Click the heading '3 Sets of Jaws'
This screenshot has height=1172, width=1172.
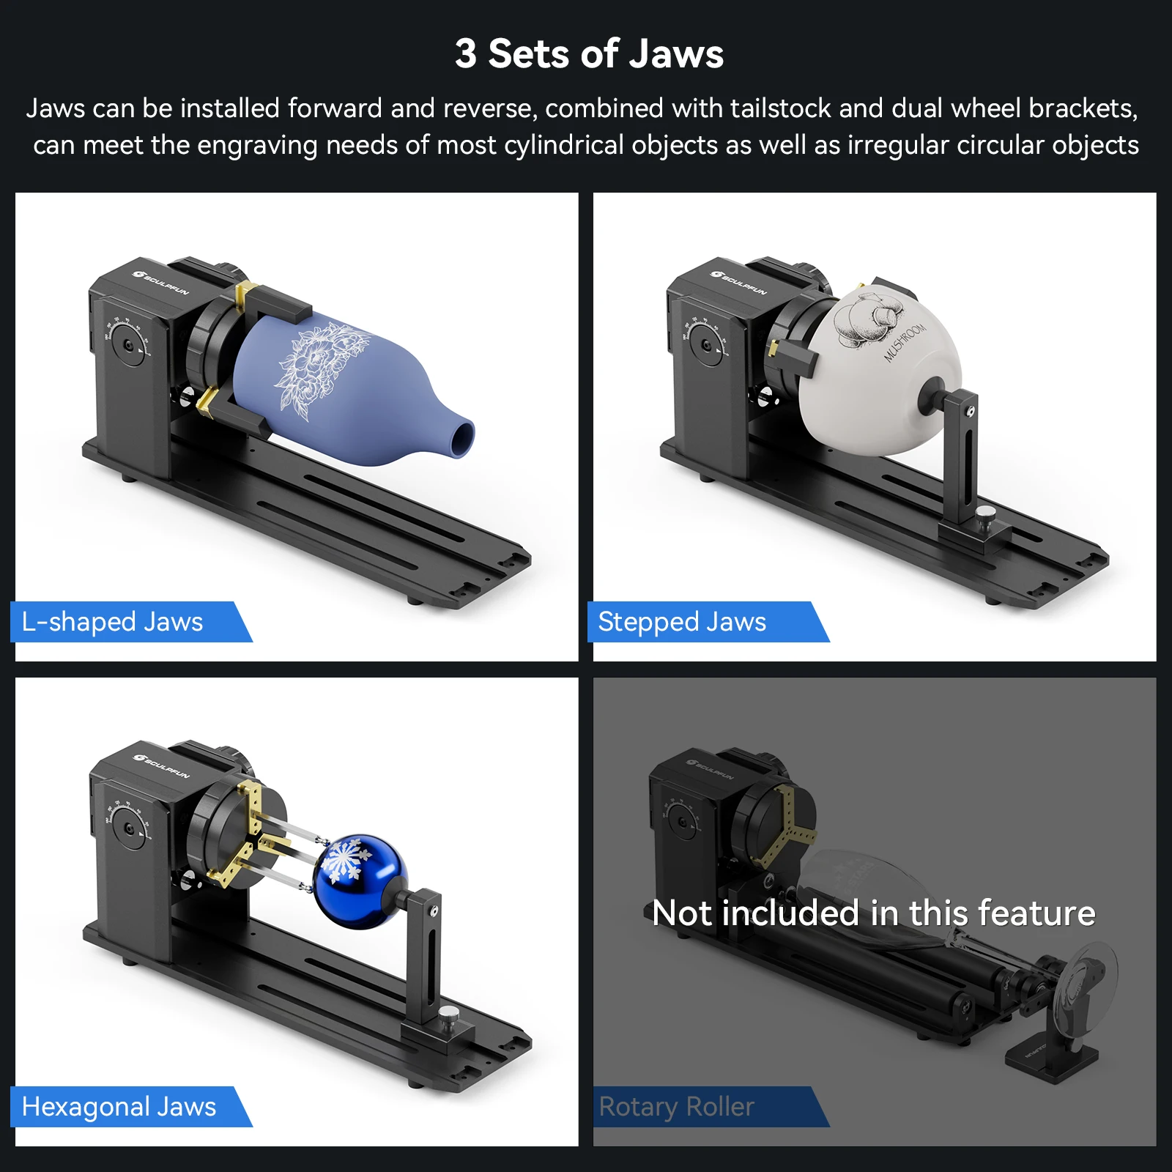point(589,54)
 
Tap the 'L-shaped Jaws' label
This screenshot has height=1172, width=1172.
point(112,622)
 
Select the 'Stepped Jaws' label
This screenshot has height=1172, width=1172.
point(681,622)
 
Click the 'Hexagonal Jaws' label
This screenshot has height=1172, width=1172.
point(119,1107)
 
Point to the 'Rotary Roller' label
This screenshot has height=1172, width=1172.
point(676,1107)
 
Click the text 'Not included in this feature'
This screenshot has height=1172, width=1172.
point(873,913)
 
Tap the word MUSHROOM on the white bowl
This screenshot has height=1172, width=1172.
point(905,342)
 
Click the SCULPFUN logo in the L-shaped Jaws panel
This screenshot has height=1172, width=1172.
point(161,282)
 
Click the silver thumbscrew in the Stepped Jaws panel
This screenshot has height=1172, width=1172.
point(987,513)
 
